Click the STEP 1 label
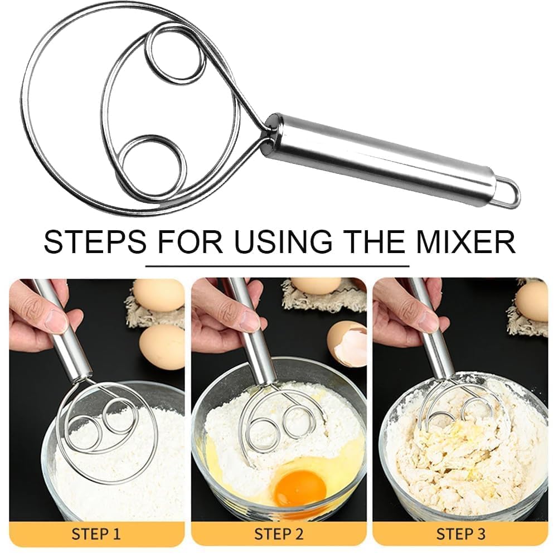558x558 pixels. (95, 534)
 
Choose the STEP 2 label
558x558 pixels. (279, 534)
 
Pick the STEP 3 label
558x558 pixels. (460, 534)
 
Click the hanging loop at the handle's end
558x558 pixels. (508, 193)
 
